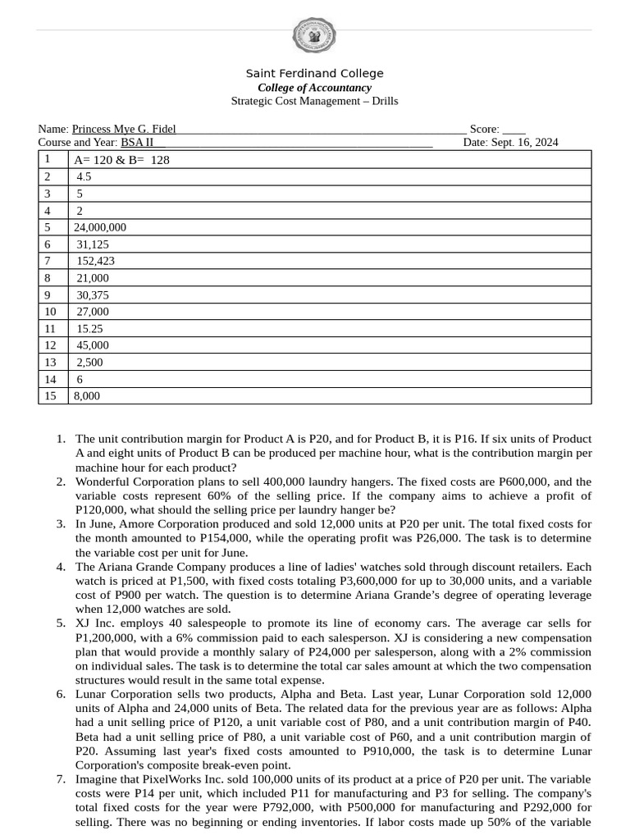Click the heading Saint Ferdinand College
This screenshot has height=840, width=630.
[x=314, y=74]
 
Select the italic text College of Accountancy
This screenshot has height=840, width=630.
[x=314, y=88]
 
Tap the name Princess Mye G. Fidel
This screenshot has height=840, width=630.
[x=124, y=129]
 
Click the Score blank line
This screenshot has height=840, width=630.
[x=514, y=130]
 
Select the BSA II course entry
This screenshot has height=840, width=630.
[x=137, y=142]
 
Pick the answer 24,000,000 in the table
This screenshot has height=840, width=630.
[x=100, y=227]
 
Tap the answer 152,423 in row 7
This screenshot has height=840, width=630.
[x=96, y=261]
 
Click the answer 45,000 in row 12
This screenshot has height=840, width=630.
[x=93, y=345]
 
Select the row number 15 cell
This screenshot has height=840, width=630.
[x=51, y=395]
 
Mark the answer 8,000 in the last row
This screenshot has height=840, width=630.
[x=87, y=395]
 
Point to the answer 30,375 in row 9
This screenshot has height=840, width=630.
[x=93, y=294]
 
